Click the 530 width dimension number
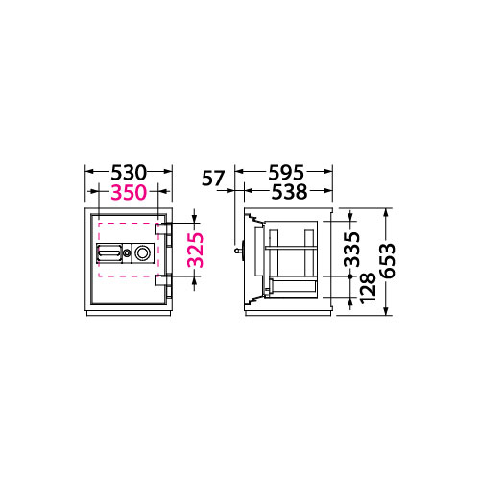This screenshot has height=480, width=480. click(x=129, y=173)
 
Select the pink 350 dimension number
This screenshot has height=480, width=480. click(x=129, y=193)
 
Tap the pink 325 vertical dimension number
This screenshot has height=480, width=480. click(x=196, y=250)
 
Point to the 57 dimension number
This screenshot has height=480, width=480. click(x=213, y=179)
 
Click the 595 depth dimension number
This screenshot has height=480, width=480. click(x=286, y=173)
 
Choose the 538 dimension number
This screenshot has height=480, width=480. click(x=289, y=192)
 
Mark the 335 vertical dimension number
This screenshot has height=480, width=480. click(x=351, y=250)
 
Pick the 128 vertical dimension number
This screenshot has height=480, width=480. click(x=368, y=288)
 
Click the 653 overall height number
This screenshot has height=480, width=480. click(x=387, y=261)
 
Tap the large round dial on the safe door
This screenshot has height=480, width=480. click(x=142, y=253)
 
